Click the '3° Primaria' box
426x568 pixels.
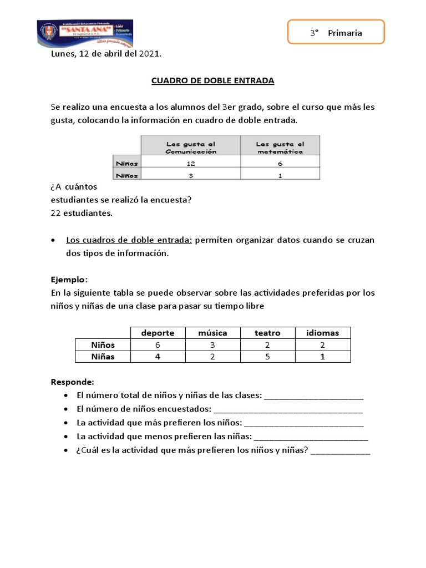click(336, 33)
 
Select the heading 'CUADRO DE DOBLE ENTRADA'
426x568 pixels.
click(213, 80)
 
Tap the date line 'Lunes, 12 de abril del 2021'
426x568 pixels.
click(106, 54)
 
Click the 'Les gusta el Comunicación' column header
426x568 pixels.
click(190, 147)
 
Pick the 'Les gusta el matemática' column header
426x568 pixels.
click(280, 147)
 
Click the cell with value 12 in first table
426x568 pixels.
click(190, 163)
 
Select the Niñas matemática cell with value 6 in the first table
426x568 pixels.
click(280, 163)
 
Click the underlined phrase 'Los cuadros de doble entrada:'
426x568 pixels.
click(129, 240)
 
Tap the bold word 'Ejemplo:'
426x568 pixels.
click(69, 279)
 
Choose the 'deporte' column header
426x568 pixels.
click(158, 333)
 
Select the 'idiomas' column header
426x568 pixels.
click(322, 333)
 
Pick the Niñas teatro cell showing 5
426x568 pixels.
click(267, 357)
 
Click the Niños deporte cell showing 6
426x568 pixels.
click(158, 345)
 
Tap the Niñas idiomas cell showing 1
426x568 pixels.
click(322, 357)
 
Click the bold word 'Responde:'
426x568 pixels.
click(73, 382)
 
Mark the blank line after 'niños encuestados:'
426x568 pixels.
click(288, 411)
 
